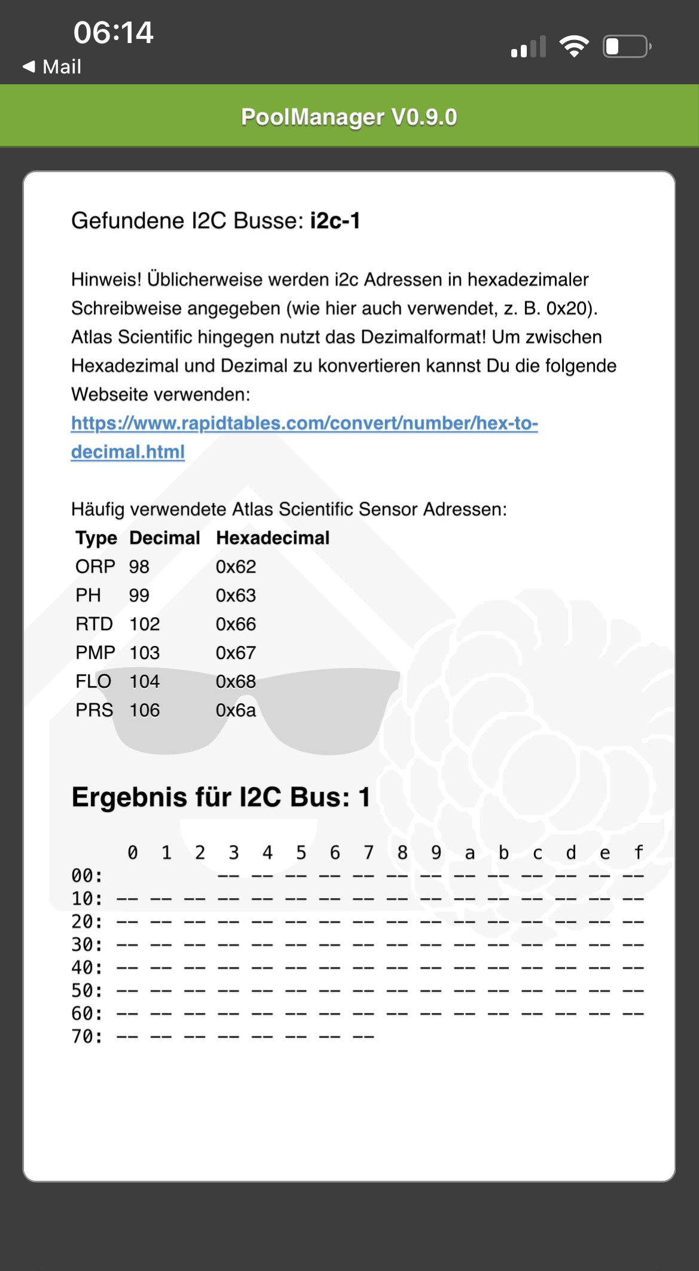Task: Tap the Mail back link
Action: tap(52, 66)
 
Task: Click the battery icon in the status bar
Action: tap(627, 47)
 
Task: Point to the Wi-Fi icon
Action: tap(574, 46)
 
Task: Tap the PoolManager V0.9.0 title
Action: tap(349, 117)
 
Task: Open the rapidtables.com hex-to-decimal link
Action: tap(304, 424)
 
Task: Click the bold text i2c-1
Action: tap(335, 221)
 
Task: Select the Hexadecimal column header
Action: tap(273, 538)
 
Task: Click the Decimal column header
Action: tap(164, 538)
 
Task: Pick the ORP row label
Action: tap(95, 566)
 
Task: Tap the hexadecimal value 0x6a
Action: tap(236, 710)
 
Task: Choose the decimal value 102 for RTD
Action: tap(145, 624)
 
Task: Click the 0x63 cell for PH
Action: tap(236, 595)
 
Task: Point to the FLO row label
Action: tap(93, 681)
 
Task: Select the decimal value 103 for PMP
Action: tap(145, 653)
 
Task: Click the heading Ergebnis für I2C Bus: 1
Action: tap(221, 797)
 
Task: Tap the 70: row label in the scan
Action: tap(87, 1036)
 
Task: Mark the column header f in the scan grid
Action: tap(639, 852)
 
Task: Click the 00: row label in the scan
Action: tap(87, 876)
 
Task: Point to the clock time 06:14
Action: tap(114, 32)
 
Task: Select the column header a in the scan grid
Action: tap(470, 853)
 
